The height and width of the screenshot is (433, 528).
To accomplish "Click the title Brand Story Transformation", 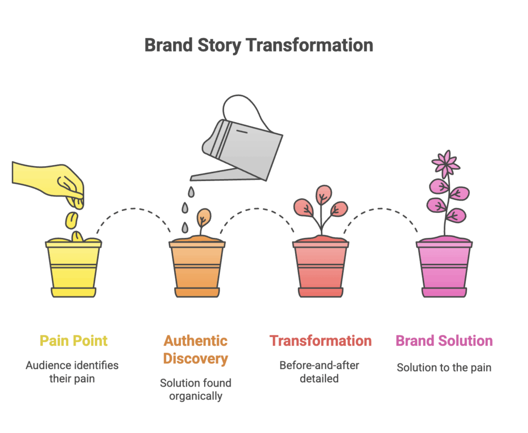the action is coord(259,45).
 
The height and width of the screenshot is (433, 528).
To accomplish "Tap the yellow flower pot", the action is coord(73,268).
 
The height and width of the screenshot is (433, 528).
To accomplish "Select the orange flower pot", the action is coord(197,268).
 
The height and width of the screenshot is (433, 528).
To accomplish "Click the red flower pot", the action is coord(321,268).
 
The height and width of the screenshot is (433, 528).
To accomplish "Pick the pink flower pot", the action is coord(444,268).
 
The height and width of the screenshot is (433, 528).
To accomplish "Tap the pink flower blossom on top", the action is coord(446,164).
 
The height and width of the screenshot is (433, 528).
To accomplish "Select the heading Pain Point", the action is coord(73,341).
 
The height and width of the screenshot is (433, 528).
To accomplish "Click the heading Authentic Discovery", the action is coord(195,350).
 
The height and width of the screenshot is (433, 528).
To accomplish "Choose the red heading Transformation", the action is coord(321,341).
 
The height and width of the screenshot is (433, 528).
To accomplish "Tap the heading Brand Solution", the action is coord(444,341).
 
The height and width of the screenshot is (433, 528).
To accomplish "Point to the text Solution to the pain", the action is coord(444,367).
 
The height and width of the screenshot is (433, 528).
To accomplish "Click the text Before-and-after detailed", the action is coord(319,372).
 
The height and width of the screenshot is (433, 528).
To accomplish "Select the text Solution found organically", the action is coord(195,390).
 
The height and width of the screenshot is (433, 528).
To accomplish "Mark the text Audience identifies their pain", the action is coord(72,372).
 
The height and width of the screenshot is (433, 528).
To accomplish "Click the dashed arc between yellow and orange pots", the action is coord(134,209).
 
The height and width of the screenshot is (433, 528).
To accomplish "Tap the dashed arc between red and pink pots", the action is coord(381,209).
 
